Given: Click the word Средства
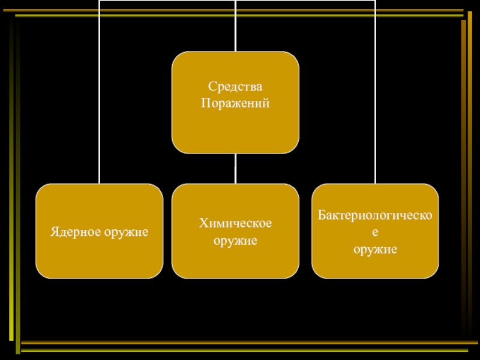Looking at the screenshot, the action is [x=235, y=90].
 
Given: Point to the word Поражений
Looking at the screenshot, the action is [x=235, y=103].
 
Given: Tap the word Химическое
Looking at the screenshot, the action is [x=235, y=224].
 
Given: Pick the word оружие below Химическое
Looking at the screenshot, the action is [x=235, y=241].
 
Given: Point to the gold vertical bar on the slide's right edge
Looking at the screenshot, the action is [x=463, y=180].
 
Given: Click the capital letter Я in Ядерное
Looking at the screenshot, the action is [x=53, y=231].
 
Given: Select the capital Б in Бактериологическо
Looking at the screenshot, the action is [x=322, y=214].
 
